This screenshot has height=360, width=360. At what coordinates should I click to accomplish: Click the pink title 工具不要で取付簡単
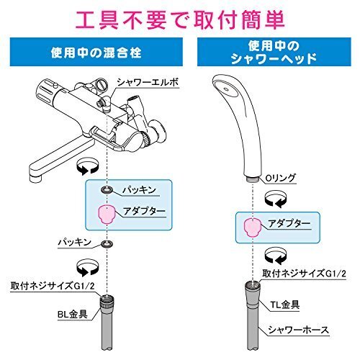tap(179, 16)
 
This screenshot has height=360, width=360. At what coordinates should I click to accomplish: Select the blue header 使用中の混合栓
tap(96, 53)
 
